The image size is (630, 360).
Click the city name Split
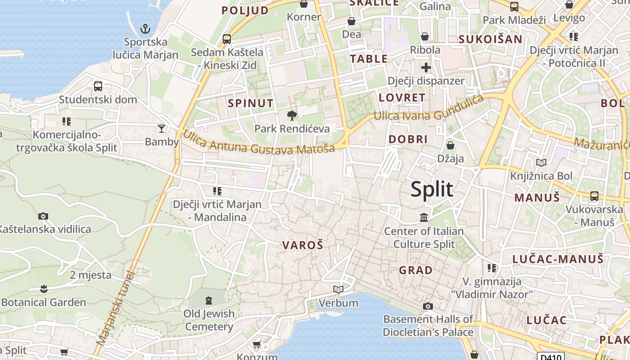[x=432, y=189]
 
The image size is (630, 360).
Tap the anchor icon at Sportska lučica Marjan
[x=145, y=29]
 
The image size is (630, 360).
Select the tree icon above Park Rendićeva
[x=292, y=116]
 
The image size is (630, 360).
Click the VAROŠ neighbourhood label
[x=302, y=245]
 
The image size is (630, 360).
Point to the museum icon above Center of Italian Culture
[x=423, y=218]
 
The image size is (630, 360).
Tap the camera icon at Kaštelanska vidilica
[x=43, y=216]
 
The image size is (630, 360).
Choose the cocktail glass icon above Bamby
[x=162, y=129]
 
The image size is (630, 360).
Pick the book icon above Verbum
[x=338, y=289]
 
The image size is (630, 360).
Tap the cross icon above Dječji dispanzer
[x=426, y=68]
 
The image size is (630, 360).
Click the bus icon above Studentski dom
[x=98, y=86]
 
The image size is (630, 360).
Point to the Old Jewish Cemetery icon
[x=208, y=300]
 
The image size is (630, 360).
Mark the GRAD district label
[x=416, y=270]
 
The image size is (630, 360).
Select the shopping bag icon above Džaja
[x=450, y=145]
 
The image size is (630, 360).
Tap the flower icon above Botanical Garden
[x=44, y=288]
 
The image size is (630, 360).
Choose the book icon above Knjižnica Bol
[x=541, y=162]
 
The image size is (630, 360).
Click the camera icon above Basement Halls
[x=427, y=306]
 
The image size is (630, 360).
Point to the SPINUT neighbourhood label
[x=250, y=103]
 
